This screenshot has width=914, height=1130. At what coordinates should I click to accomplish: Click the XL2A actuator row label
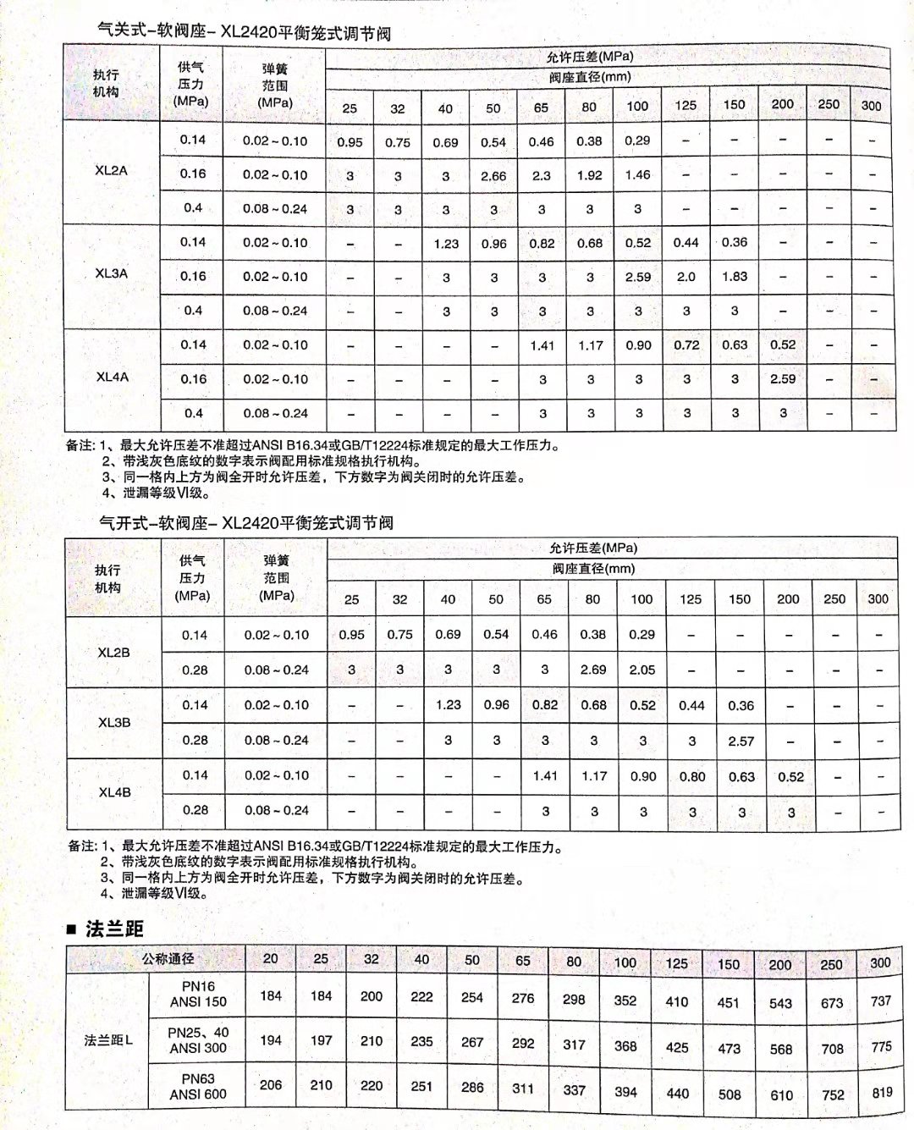[111, 170]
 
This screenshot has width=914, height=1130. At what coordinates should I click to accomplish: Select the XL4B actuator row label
[114, 792]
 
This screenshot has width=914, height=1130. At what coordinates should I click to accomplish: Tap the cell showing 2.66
[493, 176]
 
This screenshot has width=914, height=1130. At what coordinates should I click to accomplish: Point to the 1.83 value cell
[734, 277]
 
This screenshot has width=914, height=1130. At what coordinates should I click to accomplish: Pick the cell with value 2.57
[741, 741]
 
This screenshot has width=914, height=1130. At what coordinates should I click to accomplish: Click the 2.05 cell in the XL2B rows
[641, 670]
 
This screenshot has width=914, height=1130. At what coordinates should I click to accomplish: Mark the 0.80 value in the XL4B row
[691, 776]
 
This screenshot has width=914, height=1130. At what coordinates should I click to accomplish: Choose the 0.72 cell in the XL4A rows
[686, 345]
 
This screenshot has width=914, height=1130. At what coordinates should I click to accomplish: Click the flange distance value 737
[881, 1000]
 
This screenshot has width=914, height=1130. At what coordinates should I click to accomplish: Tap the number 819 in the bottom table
[882, 1092]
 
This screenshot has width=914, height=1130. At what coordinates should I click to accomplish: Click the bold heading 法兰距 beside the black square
[114, 929]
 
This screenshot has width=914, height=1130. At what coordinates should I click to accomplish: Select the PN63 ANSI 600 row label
[198, 1086]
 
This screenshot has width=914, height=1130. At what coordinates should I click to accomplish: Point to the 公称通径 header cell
[168, 959]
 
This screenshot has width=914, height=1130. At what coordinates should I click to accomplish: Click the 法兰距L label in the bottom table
[108, 1040]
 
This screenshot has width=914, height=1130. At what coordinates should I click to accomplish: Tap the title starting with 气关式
[245, 33]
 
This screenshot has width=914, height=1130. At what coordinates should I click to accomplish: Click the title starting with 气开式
[246, 522]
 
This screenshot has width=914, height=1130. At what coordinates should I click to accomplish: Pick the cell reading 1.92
[589, 176]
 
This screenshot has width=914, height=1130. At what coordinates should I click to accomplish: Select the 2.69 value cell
[592, 670]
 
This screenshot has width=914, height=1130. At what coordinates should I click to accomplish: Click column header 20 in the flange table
[270, 959]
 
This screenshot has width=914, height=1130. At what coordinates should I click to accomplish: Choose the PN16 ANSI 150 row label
[198, 994]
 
